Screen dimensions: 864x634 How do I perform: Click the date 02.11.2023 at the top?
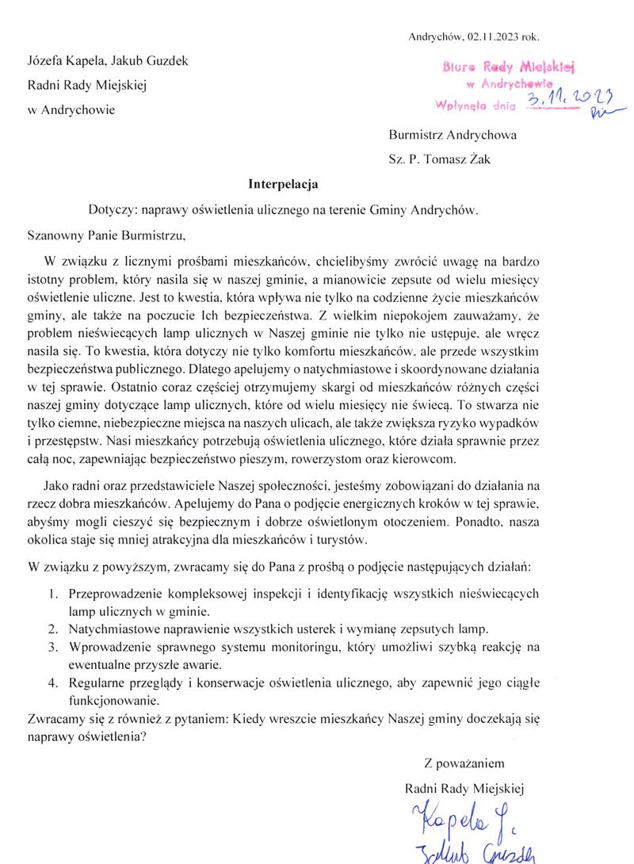[x=493, y=36]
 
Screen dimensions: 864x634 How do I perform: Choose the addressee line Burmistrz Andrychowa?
[x=453, y=135]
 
